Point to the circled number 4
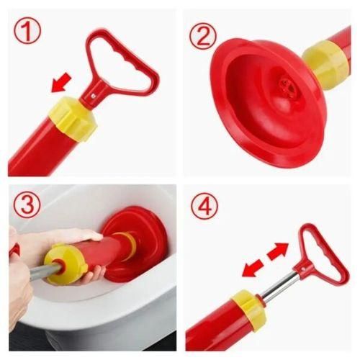(204, 207)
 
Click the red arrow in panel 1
(61, 83)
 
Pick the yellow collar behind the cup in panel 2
(325, 64)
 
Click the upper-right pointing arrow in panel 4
(278, 251)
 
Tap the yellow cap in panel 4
(249, 311)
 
